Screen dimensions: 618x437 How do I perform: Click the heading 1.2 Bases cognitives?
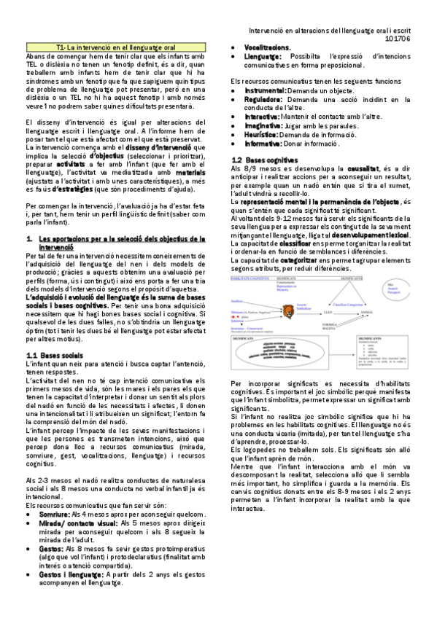pos(254,160)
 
